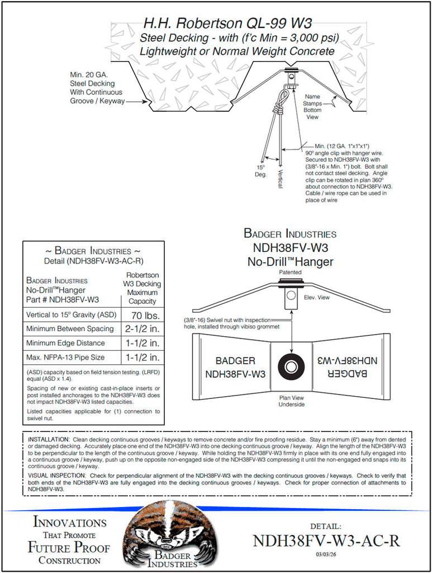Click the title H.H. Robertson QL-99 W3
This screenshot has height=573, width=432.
pyautogui.click(x=227, y=24)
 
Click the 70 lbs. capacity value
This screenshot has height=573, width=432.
pyautogui.click(x=143, y=314)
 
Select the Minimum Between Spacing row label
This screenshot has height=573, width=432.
pyautogui.click(x=70, y=329)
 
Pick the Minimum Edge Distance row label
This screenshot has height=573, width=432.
pyautogui.click(x=65, y=343)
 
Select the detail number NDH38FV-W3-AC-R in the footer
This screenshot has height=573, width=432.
pyautogui.click(x=326, y=541)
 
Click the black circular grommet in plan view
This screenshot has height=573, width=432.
pyautogui.click(x=291, y=367)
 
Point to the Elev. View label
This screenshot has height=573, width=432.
pyautogui.click(x=316, y=298)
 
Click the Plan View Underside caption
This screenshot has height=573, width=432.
pyautogui.click(x=292, y=401)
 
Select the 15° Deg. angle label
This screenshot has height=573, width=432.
pyautogui.click(x=261, y=171)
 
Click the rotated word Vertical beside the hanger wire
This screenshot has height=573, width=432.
pyautogui.click(x=280, y=179)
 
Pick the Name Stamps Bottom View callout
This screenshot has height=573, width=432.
pyautogui.click(x=312, y=106)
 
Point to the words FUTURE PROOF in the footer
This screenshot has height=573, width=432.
pyautogui.click(x=69, y=547)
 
